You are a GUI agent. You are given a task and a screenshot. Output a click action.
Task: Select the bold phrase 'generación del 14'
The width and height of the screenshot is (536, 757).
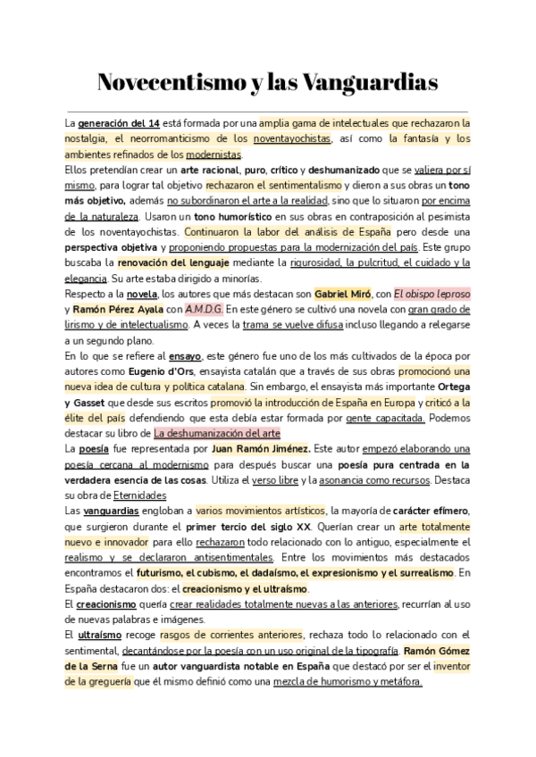coord(120,122)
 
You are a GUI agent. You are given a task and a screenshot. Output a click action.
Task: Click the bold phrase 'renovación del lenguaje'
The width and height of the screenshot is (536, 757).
coord(173,262)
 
